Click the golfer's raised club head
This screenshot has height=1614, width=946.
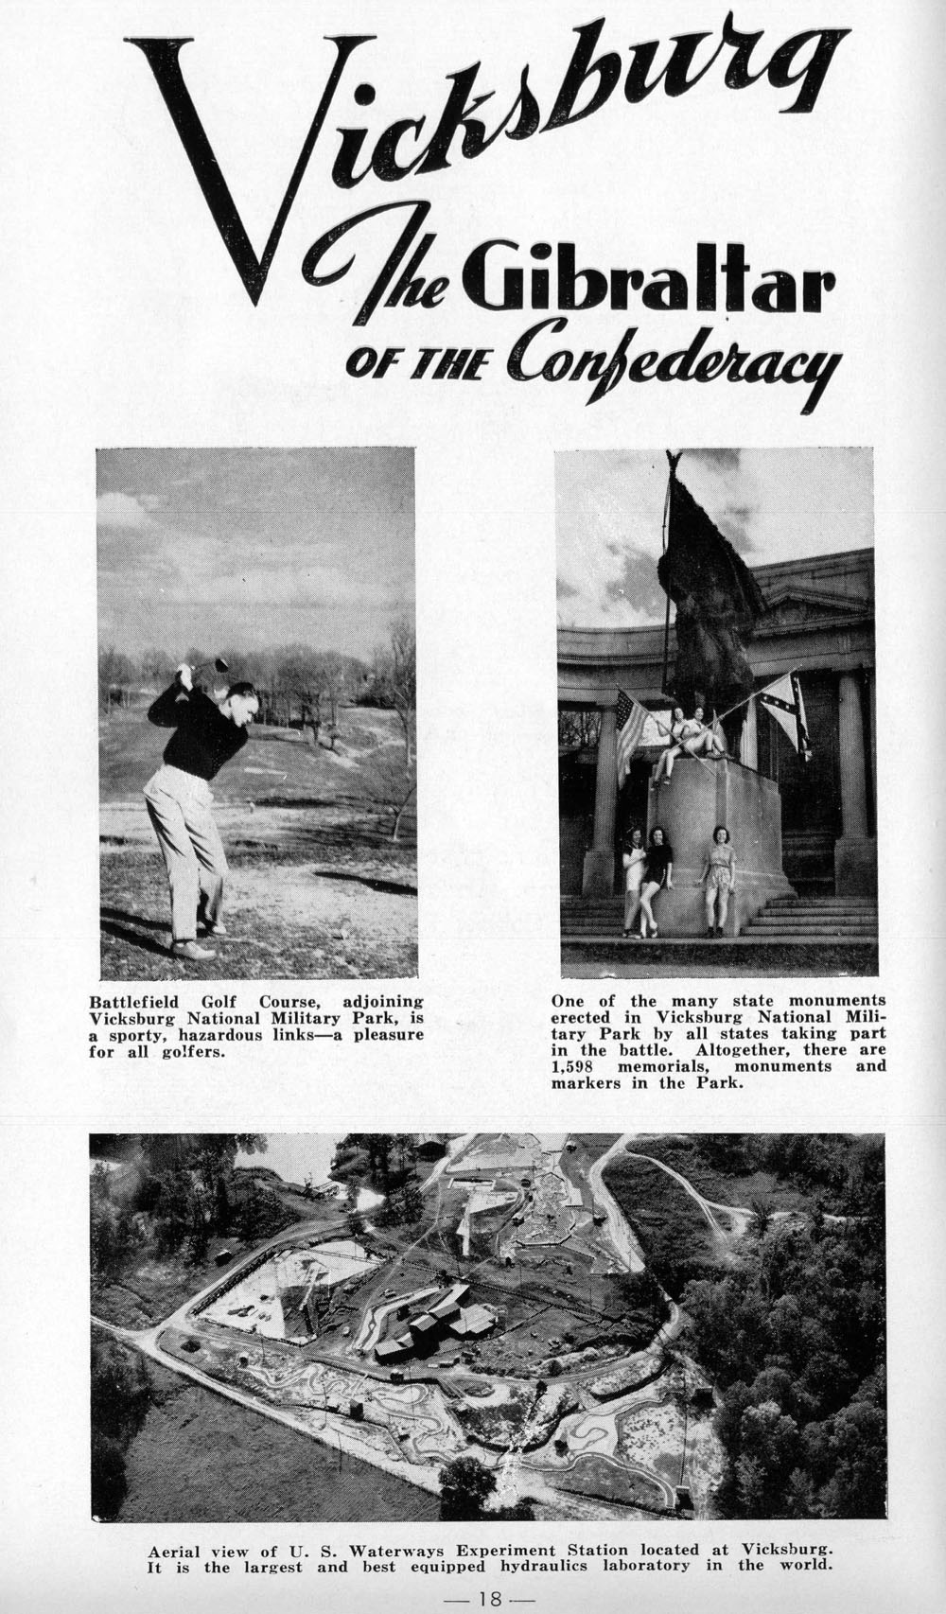[219, 663]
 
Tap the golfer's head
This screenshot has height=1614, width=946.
[242, 700]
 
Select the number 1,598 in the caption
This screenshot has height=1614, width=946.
[579, 1066]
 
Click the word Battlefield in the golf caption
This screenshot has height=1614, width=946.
[135, 1001]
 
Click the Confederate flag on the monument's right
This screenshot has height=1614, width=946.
[787, 714]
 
